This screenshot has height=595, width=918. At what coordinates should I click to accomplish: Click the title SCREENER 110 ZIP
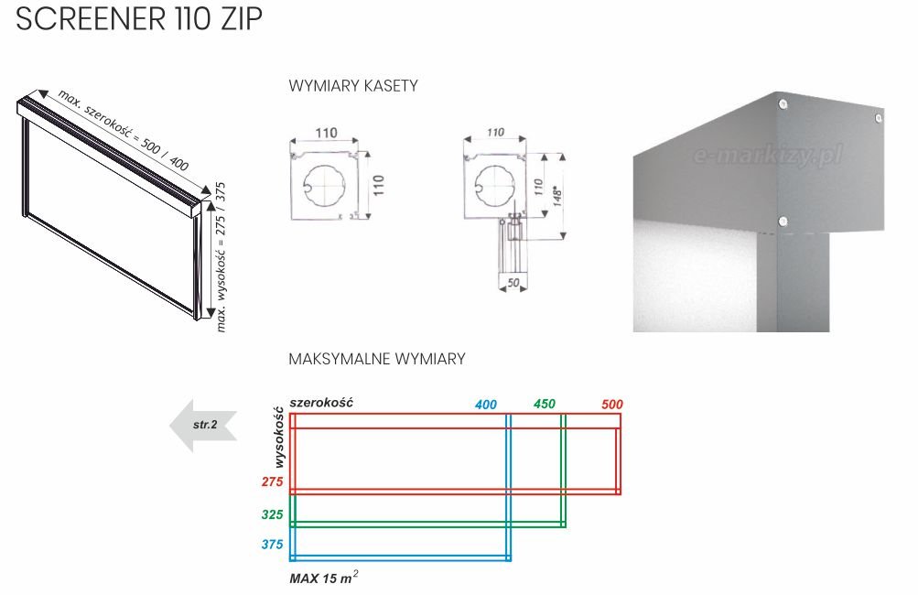point(139,18)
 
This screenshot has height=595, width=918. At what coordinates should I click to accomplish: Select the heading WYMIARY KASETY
point(353,86)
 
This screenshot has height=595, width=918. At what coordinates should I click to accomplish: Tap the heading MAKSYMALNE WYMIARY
point(377,359)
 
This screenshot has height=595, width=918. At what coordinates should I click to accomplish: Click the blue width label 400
point(486,404)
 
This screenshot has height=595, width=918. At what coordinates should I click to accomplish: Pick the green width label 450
point(545,404)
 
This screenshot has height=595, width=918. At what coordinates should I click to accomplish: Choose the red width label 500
point(611,404)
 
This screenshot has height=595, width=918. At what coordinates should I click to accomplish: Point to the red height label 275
point(272,481)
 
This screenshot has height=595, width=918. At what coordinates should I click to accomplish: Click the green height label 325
point(272,514)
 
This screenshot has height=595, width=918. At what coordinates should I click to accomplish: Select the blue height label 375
point(272,544)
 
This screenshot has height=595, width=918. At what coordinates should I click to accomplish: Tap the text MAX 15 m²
point(324,578)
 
